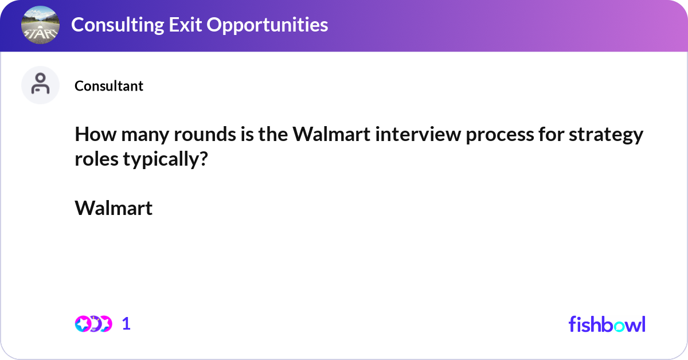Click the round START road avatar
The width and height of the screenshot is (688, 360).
40,25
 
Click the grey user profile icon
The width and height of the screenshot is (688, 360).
40,85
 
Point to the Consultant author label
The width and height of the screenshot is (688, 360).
109,86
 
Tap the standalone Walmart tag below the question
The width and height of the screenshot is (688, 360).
114,208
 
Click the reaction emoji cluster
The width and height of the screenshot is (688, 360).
93,324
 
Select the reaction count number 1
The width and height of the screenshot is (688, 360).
126,324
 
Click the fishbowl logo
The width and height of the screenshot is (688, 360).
607,324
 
